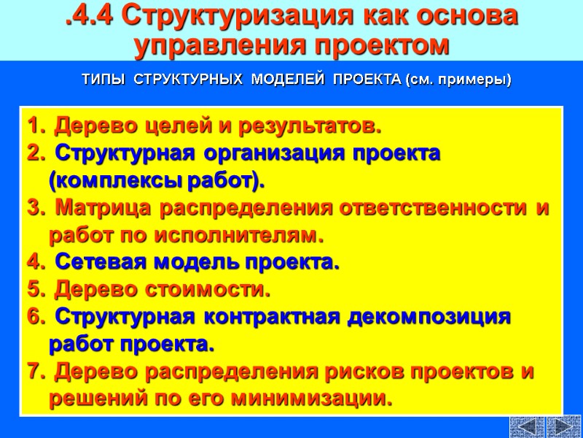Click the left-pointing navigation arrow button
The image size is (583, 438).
pos(527,426)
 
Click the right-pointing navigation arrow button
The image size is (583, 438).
pos(563,426)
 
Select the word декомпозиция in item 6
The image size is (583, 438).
pos(420,318)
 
